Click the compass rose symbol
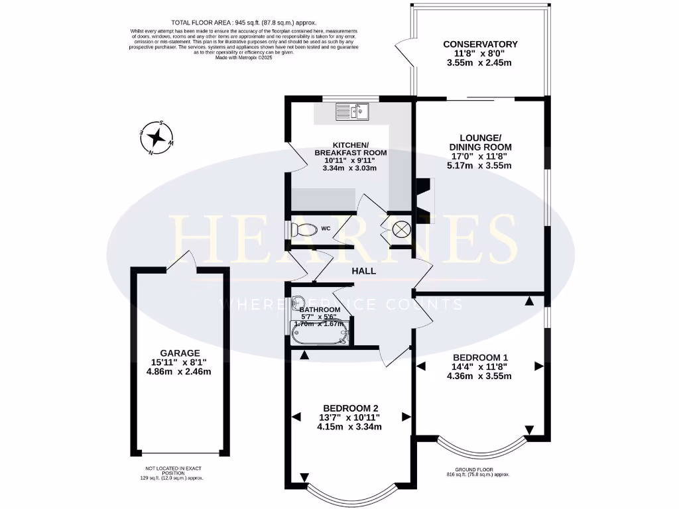[157, 138]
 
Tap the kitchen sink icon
[351, 111]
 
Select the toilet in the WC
[304, 229]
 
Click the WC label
[326, 229]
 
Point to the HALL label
[363, 270]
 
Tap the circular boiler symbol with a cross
[401, 229]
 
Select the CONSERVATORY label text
[480, 44]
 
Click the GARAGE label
[179, 353]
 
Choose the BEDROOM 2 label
[350, 408]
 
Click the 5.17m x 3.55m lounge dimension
[480, 166]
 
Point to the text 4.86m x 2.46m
[179, 372]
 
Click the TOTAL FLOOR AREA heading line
[244, 22]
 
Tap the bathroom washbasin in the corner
[298, 304]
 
